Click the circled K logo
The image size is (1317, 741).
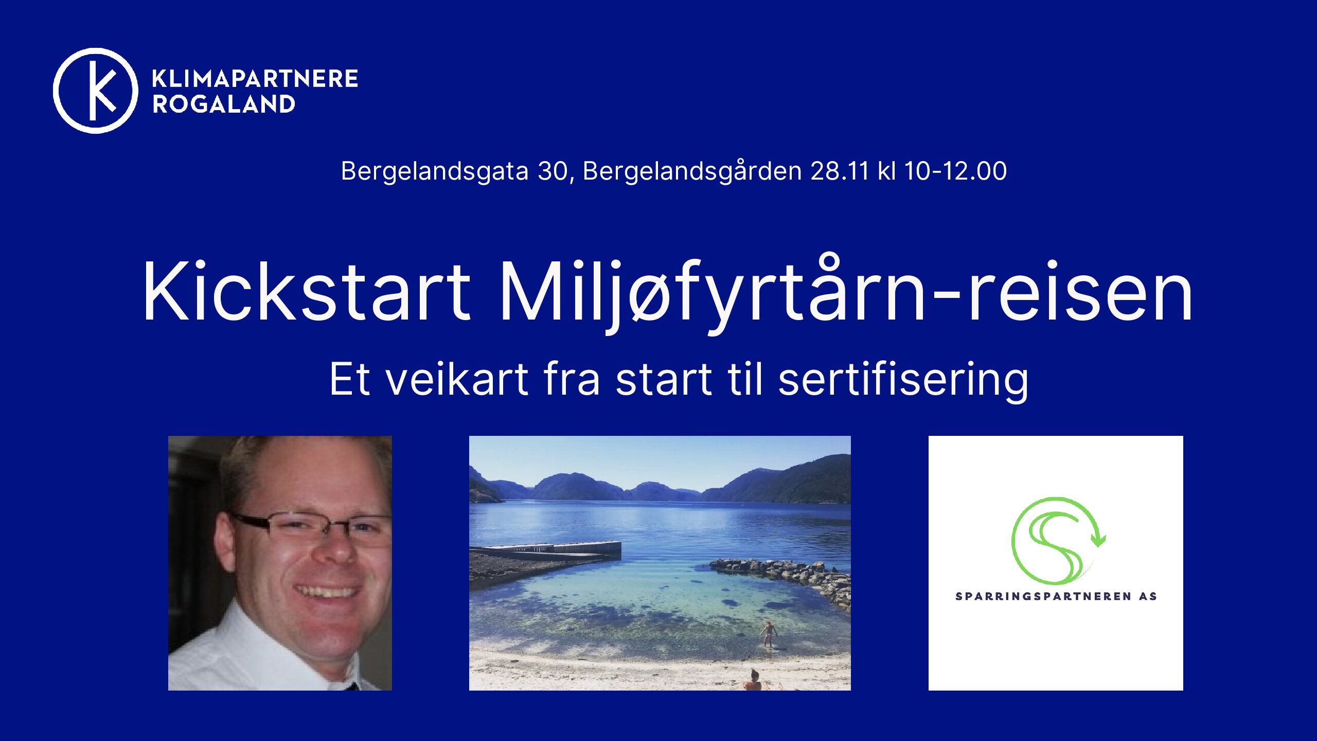[96, 91]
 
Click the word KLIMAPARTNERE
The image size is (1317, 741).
[255, 79]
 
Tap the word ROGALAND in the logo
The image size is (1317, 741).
[224, 104]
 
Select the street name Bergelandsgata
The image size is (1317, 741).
[435, 171]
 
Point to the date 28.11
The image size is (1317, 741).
[840, 171]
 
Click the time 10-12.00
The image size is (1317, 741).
[955, 171]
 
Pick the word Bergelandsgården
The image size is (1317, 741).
[692, 171]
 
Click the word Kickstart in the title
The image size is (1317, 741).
[307, 291]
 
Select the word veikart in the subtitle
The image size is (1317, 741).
[457, 379]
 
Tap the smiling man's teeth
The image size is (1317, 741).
[326, 591]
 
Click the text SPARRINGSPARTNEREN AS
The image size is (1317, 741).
[1056, 596]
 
